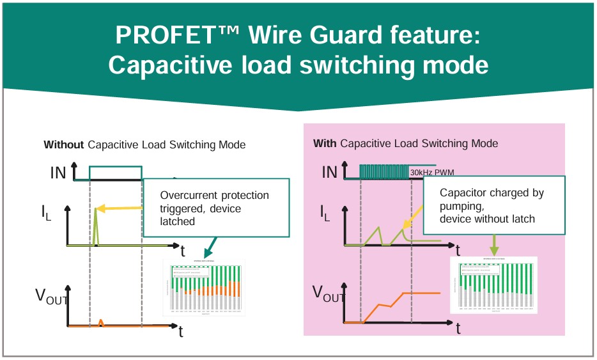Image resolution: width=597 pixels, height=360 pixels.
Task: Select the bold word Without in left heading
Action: [63, 145]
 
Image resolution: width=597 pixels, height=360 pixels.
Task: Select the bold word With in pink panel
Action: [325, 143]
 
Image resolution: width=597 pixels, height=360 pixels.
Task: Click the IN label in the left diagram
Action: [58, 173]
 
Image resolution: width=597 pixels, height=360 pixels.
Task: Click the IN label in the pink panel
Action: [330, 171]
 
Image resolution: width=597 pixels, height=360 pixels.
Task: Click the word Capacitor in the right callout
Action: [464, 192]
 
